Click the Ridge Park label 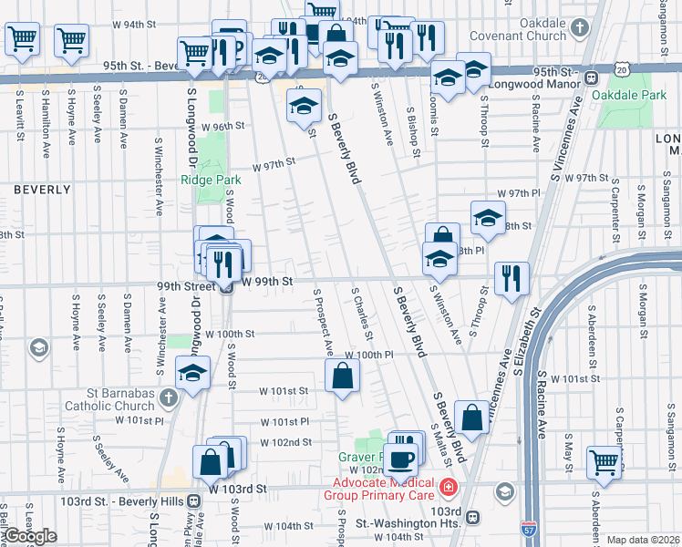coord(211,180)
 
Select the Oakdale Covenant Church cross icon coord(580,28)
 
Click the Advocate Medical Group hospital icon coord(448,489)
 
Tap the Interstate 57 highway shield coord(530,528)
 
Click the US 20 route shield coord(622,70)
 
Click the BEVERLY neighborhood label coord(42,190)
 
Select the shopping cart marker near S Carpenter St coord(604,461)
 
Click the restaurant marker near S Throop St coord(511,278)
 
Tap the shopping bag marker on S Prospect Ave coord(342,375)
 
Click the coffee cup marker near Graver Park coord(400,459)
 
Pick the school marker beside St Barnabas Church coord(192,372)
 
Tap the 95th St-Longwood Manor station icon coord(592,78)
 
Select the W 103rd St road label coord(236,489)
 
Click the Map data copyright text coord(643,540)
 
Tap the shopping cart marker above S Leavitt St coord(23,39)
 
